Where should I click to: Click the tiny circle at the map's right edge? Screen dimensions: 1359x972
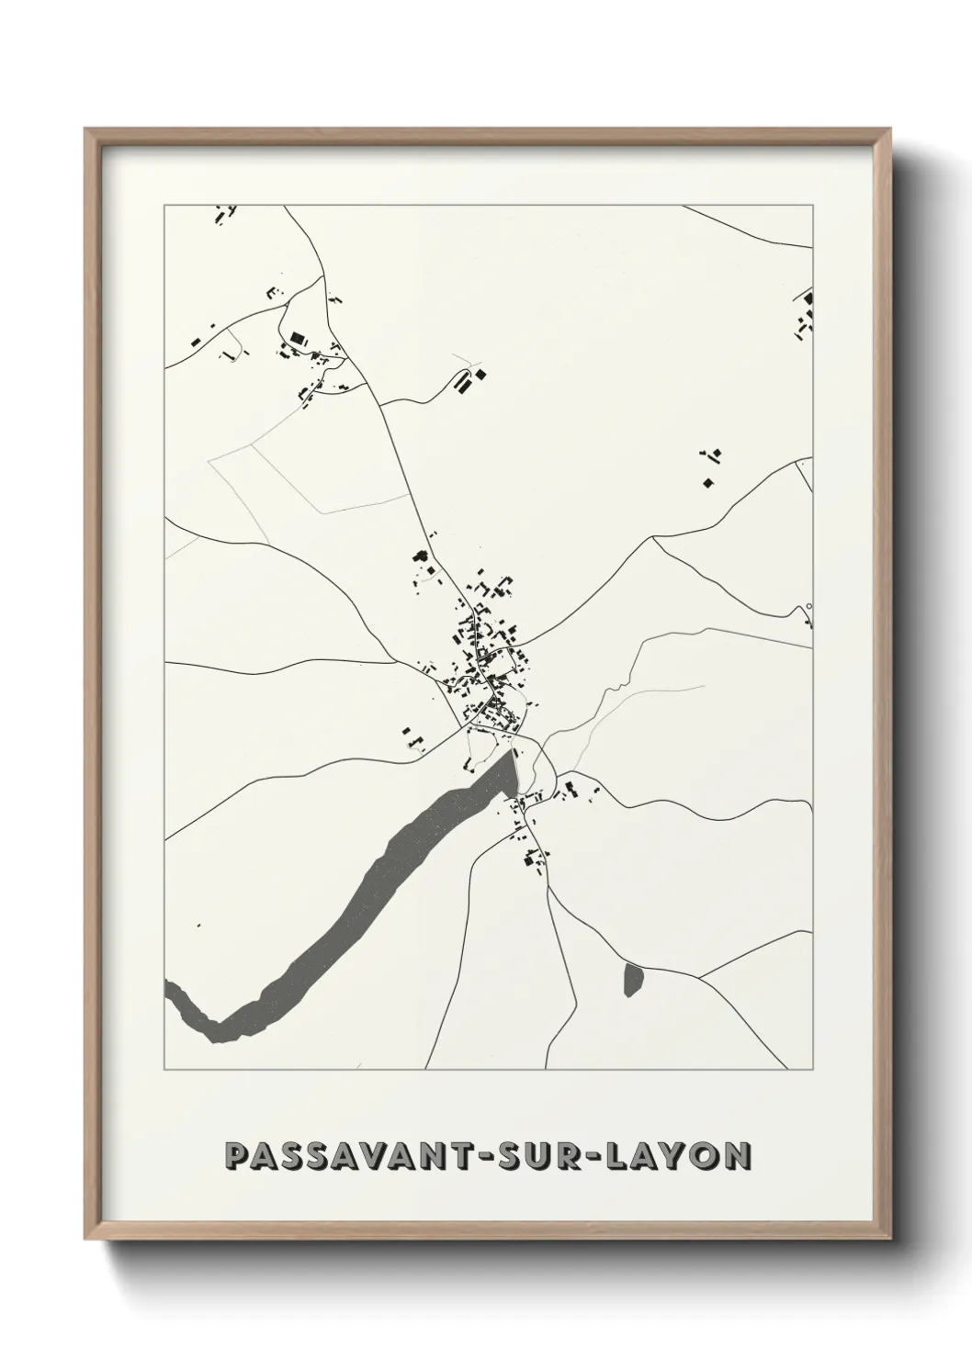(x=808, y=606)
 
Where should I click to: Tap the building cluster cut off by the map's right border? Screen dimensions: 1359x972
(x=806, y=312)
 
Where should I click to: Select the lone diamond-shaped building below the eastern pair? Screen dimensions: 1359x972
(x=707, y=482)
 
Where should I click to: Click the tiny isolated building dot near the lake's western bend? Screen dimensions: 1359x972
(x=196, y=927)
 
